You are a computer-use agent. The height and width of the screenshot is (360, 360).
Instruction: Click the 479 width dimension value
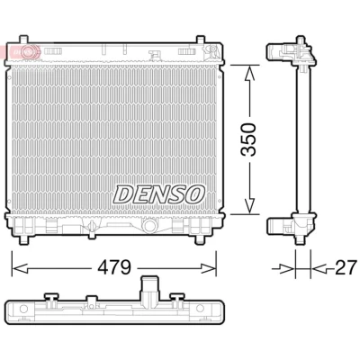coord(115,266)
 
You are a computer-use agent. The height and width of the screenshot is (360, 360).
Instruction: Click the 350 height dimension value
coord(248,139)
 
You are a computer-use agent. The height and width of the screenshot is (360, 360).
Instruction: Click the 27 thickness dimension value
coord(346,267)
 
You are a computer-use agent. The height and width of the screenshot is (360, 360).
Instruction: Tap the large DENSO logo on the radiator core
coord(159,194)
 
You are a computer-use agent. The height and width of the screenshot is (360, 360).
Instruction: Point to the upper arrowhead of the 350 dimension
coord(248,74)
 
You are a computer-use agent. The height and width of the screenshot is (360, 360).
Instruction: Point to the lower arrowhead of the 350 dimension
coord(249,206)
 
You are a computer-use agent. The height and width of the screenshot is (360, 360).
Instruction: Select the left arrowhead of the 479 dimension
coord(20,268)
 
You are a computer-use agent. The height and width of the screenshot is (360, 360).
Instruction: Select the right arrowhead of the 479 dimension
coord(208,268)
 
